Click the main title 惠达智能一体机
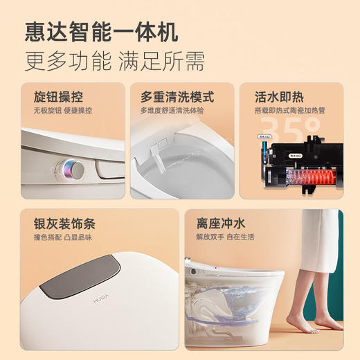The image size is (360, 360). coord(101,31)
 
